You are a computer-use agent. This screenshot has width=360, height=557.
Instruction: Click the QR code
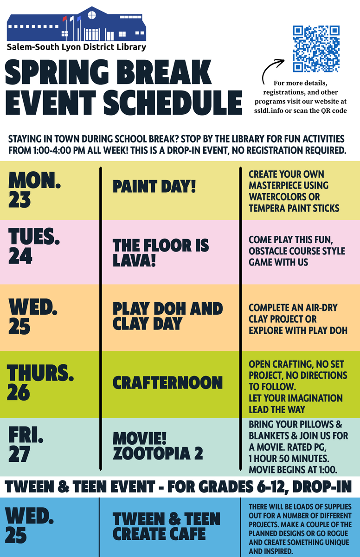coord(316,49)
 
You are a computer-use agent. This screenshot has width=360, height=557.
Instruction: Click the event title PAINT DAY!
coord(154,187)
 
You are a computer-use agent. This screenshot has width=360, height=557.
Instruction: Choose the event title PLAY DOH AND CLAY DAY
coord(167,316)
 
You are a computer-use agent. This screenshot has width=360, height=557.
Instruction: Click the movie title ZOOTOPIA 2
coord(158,453)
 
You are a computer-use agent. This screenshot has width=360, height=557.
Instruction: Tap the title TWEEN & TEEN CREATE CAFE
coord(167,526)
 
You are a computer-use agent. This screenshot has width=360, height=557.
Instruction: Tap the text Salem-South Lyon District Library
coord(76,46)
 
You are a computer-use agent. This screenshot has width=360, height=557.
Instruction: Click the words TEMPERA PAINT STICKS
coord(294,207)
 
